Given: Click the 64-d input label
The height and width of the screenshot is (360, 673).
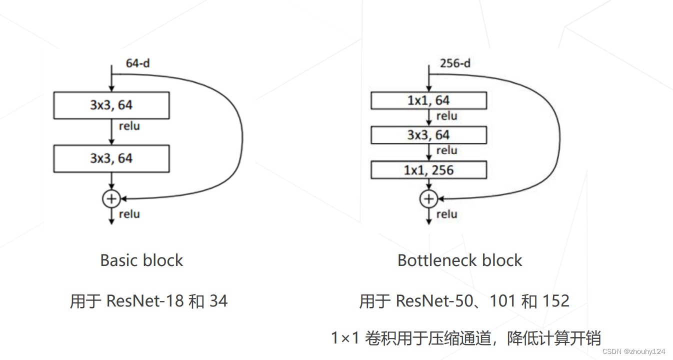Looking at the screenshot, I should (138, 63).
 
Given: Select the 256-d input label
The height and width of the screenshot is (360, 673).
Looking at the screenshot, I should (455, 63).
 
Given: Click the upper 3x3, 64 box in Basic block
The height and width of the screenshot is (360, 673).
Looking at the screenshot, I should (111, 105).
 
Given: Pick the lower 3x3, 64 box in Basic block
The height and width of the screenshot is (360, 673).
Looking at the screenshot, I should (111, 158).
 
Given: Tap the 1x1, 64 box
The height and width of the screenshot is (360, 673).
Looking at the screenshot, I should (428, 100).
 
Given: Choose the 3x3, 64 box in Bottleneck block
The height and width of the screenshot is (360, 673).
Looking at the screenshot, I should (428, 135).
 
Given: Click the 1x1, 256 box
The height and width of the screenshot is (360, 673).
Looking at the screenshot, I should (428, 170).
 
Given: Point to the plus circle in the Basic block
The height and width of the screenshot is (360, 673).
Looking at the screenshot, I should (111, 199).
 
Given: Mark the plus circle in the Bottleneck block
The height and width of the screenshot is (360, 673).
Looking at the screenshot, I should (428, 199).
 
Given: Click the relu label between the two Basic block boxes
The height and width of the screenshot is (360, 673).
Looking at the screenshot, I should (129, 126).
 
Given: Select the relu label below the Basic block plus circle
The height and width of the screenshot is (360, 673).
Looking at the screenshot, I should (129, 214).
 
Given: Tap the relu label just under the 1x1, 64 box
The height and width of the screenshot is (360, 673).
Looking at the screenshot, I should (446, 116).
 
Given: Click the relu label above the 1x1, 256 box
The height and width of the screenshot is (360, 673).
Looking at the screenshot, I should (446, 150).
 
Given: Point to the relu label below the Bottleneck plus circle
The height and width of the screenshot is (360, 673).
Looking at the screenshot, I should (446, 214).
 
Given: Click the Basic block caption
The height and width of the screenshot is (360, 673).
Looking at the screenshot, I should (141, 260).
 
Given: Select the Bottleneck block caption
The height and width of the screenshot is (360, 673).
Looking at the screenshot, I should (459, 260).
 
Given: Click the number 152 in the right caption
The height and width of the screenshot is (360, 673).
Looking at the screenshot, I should (556, 301).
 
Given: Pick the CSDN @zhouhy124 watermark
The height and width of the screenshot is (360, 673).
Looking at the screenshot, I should (633, 351).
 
